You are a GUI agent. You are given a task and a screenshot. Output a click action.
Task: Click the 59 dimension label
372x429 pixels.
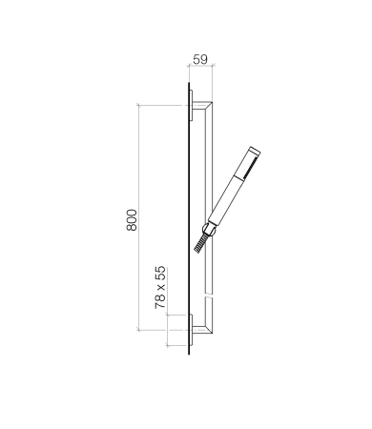pyautogui.click(x=200, y=59)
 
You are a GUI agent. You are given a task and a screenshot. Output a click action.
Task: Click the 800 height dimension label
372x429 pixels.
pyautogui.click(x=132, y=220)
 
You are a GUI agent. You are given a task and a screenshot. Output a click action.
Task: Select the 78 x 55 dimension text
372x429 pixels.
pyautogui.click(x=160, y=287)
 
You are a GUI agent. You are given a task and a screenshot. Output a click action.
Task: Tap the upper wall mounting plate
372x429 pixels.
pyautogui.click(x=191, y=106)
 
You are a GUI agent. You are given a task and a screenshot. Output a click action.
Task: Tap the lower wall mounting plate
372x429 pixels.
pyautogui.click(x=191, y=331)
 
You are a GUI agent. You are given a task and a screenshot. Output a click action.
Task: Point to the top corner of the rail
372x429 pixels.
pyautogui.click(x=212, y=102)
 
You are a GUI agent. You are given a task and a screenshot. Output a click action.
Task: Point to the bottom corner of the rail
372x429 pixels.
pyautogui.click(x=212, y=333)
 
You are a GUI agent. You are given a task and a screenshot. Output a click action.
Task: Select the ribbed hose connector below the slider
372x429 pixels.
pyautogui.click(x=200, y=244)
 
